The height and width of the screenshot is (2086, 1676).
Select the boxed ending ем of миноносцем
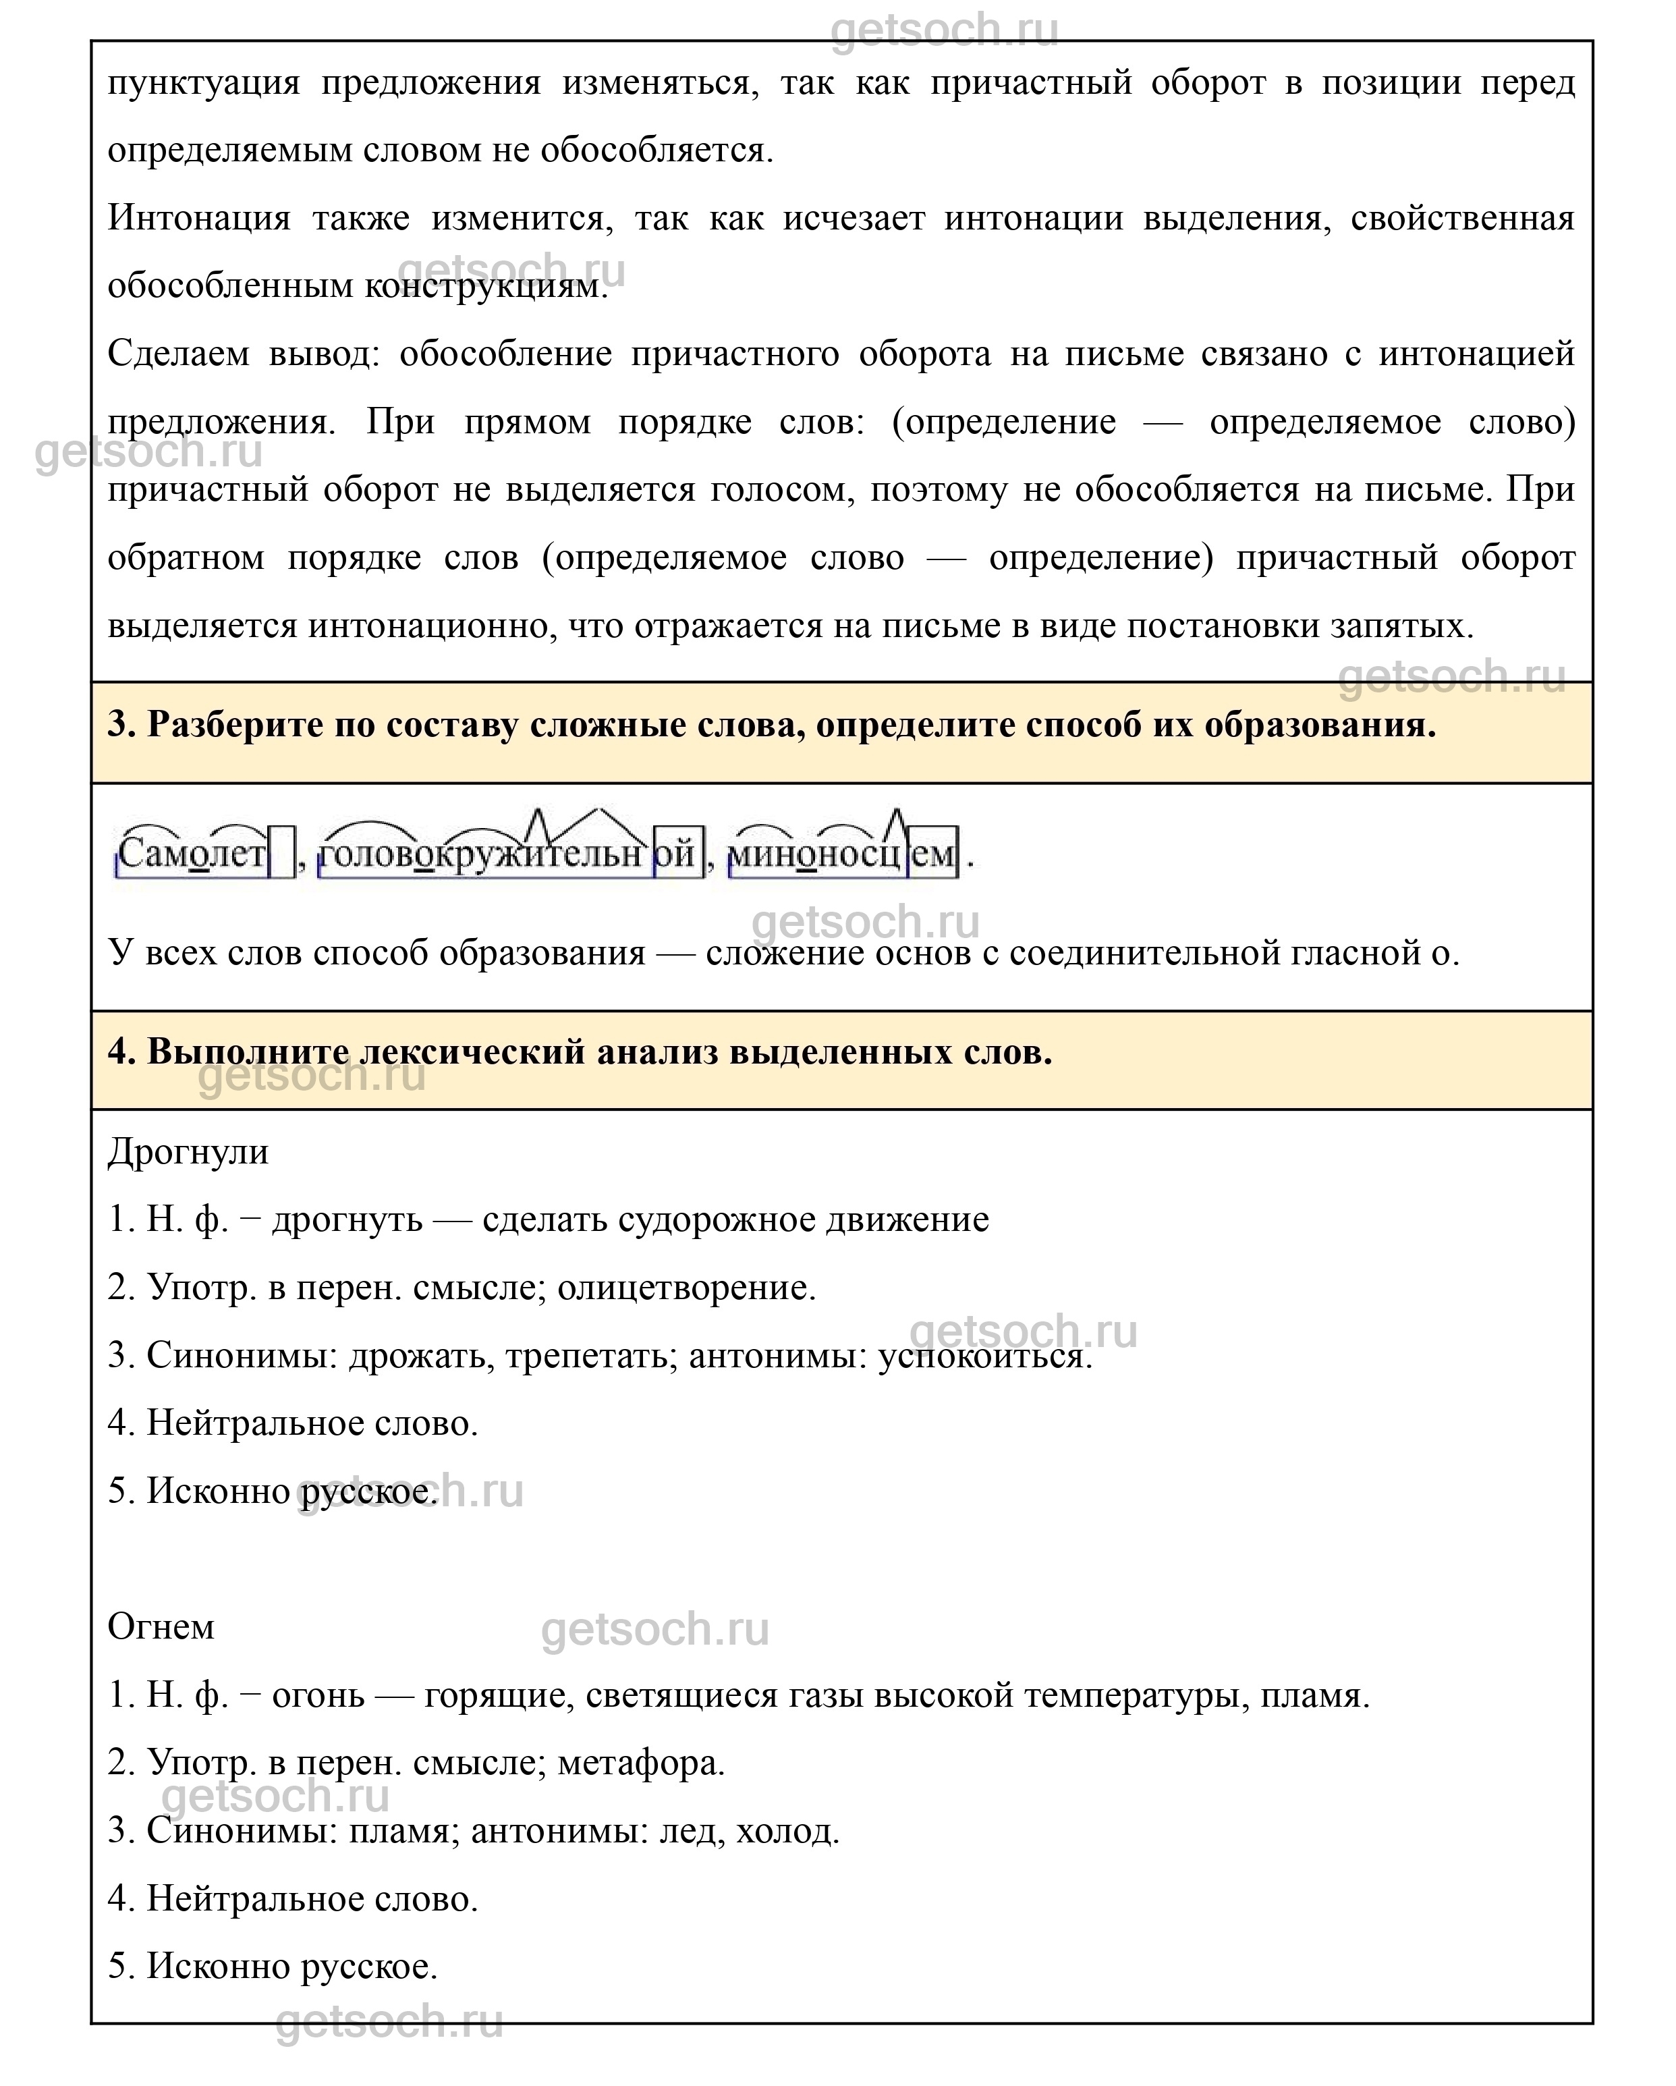click(932, 853)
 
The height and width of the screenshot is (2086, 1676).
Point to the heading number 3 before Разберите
click(120, 725)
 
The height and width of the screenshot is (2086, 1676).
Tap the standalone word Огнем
click(161, 1627)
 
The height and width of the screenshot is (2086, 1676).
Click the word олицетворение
click(687, 1288)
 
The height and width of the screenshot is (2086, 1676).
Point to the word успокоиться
click(984, 1356)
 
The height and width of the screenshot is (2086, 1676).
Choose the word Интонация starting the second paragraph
click(198, 218)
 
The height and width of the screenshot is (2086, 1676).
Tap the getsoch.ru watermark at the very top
click(944, 29)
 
